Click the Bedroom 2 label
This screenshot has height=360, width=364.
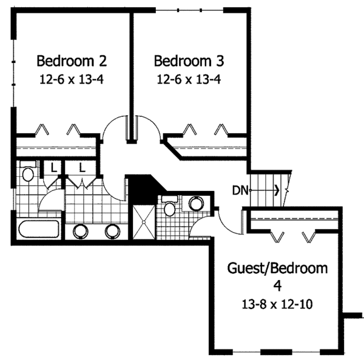pyautogui.click(x=72, y=61)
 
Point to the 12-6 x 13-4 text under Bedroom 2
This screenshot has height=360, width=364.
pyautogui.click(x=72, y=79)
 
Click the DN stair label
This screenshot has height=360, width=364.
pyautogui.click(x=240, y=190)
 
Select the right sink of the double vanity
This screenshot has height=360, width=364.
pyautogui.click(x=112, y=230)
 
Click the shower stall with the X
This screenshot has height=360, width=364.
pyautogui.click(x=143, y=223)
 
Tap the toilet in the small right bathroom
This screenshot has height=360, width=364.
pyautogui.click(x=170, y=208)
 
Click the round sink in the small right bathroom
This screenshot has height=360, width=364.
pyautogui.click(x=196, y=203)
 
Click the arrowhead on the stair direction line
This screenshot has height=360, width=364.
pyautogui.click(x=277, y=190)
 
